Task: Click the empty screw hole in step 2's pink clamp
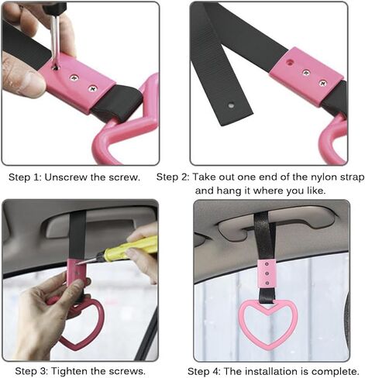291,62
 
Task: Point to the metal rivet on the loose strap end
231,105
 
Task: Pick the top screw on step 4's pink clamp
267,264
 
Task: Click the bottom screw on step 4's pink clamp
267,283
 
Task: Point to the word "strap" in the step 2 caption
353,178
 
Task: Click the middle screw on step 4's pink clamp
267,273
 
